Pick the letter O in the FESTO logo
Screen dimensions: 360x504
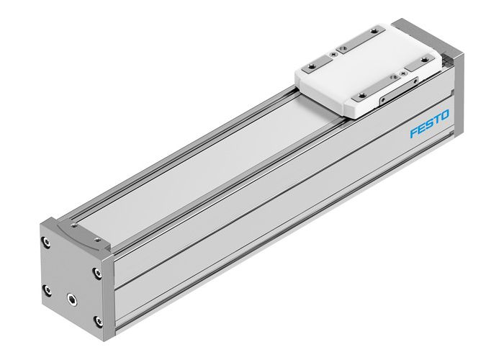446,116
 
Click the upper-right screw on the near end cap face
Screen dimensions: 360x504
96,272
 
